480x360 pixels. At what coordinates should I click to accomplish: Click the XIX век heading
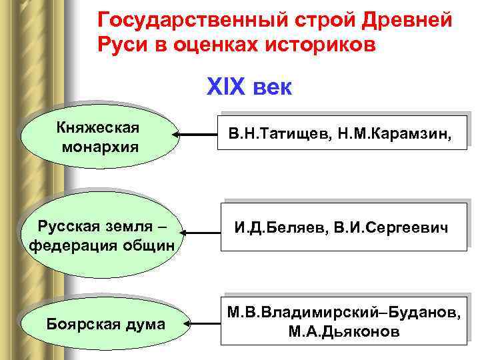[249, 87]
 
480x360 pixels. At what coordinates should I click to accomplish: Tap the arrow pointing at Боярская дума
[202, 324]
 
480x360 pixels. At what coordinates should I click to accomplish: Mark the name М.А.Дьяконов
[344, 331]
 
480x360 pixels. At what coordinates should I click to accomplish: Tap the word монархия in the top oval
[101, 147]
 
